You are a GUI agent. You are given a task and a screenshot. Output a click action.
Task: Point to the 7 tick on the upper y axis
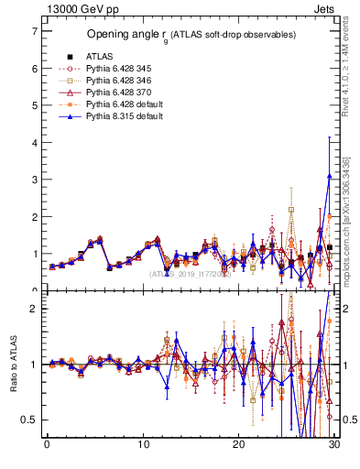pos(34,31)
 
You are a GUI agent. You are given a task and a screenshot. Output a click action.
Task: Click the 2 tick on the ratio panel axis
pos(34,309)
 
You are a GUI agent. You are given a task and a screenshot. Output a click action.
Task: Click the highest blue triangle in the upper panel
pos(329,176)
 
